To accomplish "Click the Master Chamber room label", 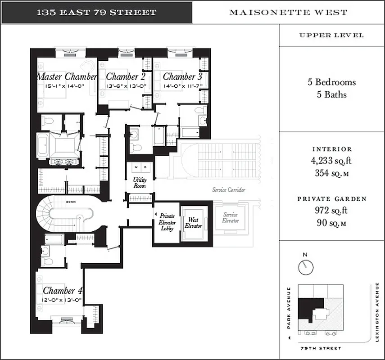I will pos(67,76).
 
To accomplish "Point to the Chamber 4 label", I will pos(63,291).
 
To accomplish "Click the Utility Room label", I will pos(140,182).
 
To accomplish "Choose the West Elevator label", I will pos(193,223).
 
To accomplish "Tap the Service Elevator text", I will pos(230,218).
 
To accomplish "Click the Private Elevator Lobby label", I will pos(167,222).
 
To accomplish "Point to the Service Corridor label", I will pos(229,190).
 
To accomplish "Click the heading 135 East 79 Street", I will pos(96,12).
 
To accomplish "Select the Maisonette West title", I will pos(288,12).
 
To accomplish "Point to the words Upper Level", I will pos(331,36).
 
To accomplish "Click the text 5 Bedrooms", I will pos(331,82).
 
